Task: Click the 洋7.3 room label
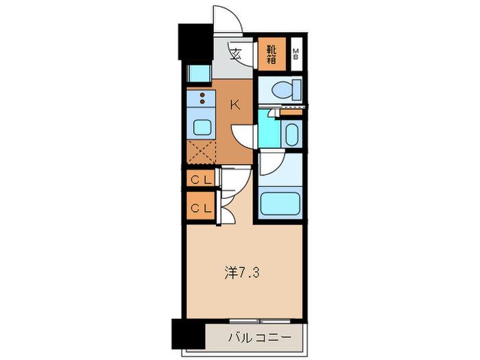[242, 272]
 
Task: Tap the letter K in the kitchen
[235, 106]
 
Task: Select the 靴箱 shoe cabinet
[272, 54]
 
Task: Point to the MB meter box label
[296, 54]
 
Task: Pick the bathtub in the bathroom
[280, 203]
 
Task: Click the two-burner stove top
[202, 98]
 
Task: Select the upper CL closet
[201, 180]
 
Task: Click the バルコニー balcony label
[260, 337]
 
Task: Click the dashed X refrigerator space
[201, 152]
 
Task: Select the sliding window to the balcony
[260, 321]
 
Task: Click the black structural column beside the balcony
[188, 334]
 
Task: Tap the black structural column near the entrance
[195, 42]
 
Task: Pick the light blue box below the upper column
[199, 73]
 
